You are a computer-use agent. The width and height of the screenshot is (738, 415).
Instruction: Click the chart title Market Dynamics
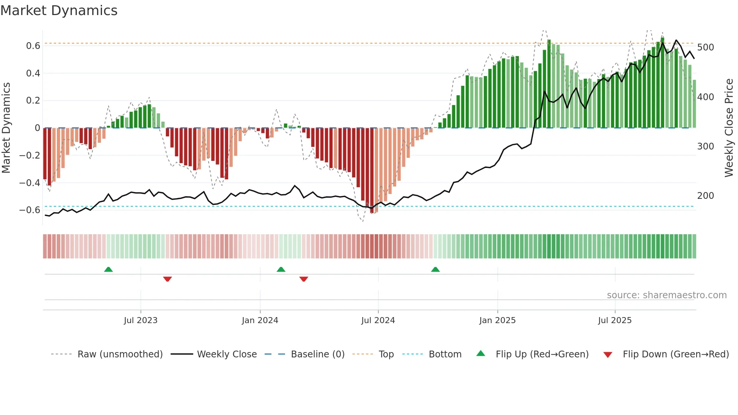[x=59, y=11]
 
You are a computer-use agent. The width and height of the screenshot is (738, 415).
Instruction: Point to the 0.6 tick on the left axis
[x=33, y=46]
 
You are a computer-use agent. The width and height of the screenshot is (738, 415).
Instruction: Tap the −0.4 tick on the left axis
[x=30, y=183]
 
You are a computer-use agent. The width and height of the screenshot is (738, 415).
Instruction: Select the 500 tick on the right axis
[x=705, y=47]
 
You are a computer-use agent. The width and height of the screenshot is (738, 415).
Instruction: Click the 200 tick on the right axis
[x=705, y=196]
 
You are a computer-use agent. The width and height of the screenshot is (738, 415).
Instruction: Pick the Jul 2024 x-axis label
[x=378, y=320]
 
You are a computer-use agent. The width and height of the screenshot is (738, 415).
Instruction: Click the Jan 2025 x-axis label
[x=497, y=320]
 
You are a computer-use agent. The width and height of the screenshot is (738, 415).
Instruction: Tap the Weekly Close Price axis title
[x=729, y=128]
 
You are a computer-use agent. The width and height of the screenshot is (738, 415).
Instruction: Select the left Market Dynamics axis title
[x=6, y=128]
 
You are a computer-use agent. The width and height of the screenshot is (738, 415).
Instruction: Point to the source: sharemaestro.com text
[x=666, y=295]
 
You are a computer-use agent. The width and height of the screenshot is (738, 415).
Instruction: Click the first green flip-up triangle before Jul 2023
[x=108, y=269]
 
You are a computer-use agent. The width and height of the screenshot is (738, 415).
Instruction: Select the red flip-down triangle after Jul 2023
[x=168, y=279]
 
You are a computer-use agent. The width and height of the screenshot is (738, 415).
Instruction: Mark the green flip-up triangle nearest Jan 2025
[x=435, y=269]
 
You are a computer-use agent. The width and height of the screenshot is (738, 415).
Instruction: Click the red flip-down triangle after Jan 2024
[x=304, y=279]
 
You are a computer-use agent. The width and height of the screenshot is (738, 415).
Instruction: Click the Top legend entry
[x=386, y=354]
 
